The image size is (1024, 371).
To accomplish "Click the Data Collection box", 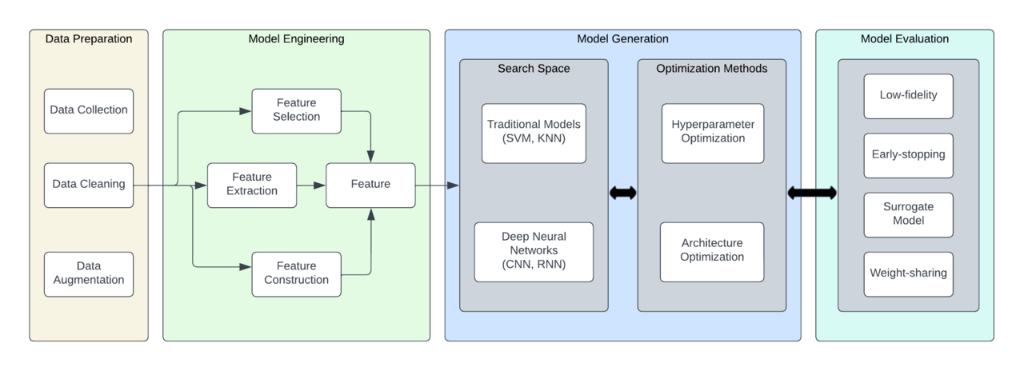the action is pyautogui.click(x=89, y=111).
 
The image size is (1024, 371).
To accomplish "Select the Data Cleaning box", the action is pyautogui.click(x=89, y=185).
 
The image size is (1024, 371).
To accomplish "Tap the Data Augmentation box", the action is pyautogui.click(x=89, y=274).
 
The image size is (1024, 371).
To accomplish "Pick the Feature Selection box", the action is pyautogui.click(x=296, y=111).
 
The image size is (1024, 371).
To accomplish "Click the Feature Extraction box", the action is pyautogui.click(x=252, y=185).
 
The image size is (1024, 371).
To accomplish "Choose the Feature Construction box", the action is pyautogui.click(x=296, y=274).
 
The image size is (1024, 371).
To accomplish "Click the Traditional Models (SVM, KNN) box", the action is pyautogui.click(x=534, y=133).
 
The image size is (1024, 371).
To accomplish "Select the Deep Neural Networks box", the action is pyautogui.click(x=534, y=252).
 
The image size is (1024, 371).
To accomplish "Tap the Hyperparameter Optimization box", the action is pyautogui.click(x=713, y=133).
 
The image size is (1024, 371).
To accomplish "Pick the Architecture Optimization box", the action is pyautogui.click(x=712, y=252).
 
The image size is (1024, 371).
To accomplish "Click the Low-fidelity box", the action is pyautogui.click(x=908, y=96).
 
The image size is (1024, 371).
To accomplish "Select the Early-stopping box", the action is pyautogui.click(x=908, y=155).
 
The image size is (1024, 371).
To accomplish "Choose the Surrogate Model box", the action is pyautogui.click(x=908, y=215).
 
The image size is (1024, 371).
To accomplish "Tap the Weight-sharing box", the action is pyautogui.click(x=908, y=274).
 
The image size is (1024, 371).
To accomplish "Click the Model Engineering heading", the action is pyautogui.click(x=296, y=39).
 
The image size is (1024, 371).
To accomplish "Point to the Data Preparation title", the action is pyautogui.click(x=89, y=39).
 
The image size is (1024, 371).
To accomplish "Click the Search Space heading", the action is pyautogui.click(x=534, y=69).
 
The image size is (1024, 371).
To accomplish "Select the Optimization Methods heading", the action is pyautogui.click(x=712, y=69).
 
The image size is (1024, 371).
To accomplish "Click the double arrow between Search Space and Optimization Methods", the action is pyautogui.click(x=623, y=193).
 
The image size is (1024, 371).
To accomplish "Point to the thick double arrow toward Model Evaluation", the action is pyautogui.click(x=812, y=193).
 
